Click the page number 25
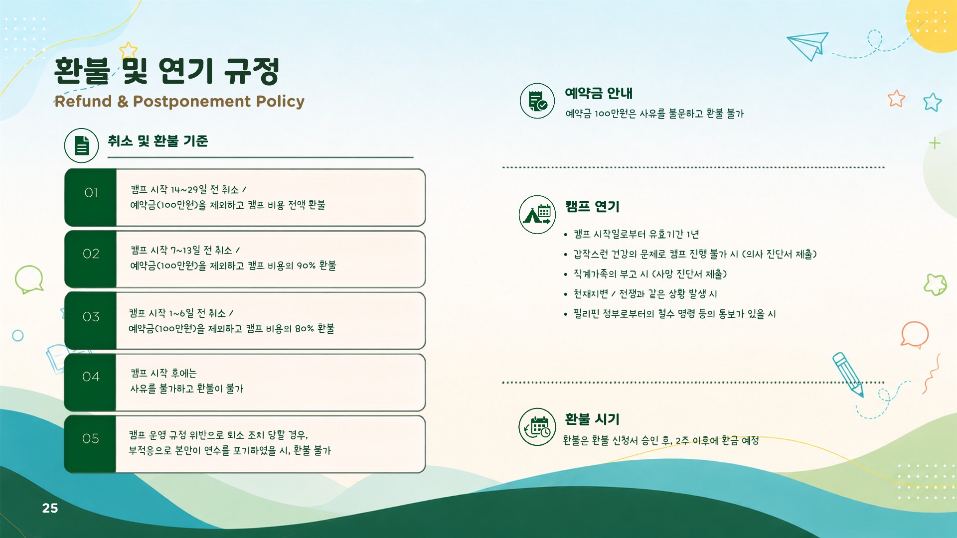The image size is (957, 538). click(x=50, y=508)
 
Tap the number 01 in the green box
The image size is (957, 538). click(x=91, y=193)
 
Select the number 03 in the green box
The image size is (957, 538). click(x=91, y=317)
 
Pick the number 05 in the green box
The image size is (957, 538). click(x=91, y=439)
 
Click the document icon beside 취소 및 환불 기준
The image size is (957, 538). click(x=82, y=145)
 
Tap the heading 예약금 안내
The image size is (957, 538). click(x=599, y=93)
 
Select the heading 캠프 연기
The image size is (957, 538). click(x=592, y=206)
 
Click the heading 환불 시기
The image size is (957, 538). click(x=592, y=419)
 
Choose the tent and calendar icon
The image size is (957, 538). click(x=537, y=215)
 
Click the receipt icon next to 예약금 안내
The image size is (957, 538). click(x=537, y=101)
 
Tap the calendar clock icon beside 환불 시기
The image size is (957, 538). click(x=537, y=427)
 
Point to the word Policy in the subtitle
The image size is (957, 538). click(x=280, y=102)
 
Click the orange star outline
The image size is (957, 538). click(x=896, y=99)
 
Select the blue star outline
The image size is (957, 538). click(x=932, y=102)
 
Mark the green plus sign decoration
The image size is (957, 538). click(x=935, y=143)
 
